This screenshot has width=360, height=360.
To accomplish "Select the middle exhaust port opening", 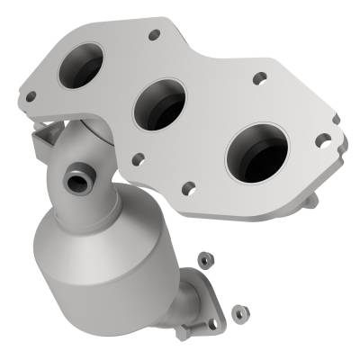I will point(159,104).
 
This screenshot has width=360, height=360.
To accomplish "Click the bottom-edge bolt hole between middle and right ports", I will point(189,188).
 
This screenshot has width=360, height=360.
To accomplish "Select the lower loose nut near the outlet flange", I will point(239,312).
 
